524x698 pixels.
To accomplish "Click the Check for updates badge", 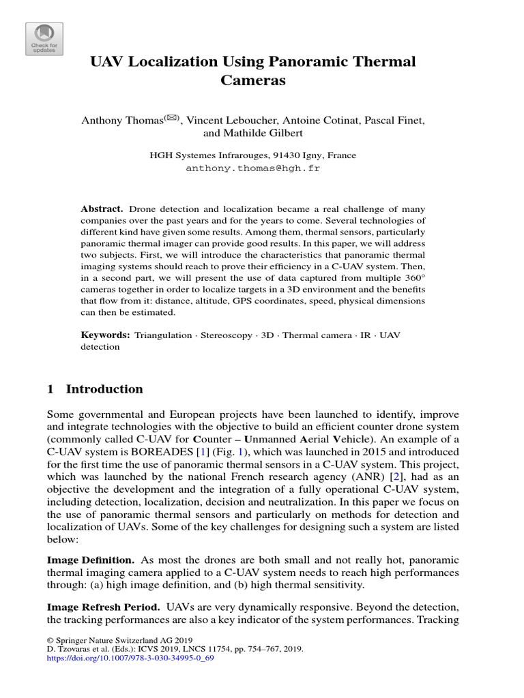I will (x=44, y=39).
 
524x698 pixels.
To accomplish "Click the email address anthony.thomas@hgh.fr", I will (x=252, y=168).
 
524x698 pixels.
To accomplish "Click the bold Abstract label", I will (x=102, y=209).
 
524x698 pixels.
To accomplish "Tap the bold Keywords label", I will (x=105, y=335).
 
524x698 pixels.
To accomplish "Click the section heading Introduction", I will (x=104, y=389).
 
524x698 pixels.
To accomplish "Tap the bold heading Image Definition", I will (x=85, y=559).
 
